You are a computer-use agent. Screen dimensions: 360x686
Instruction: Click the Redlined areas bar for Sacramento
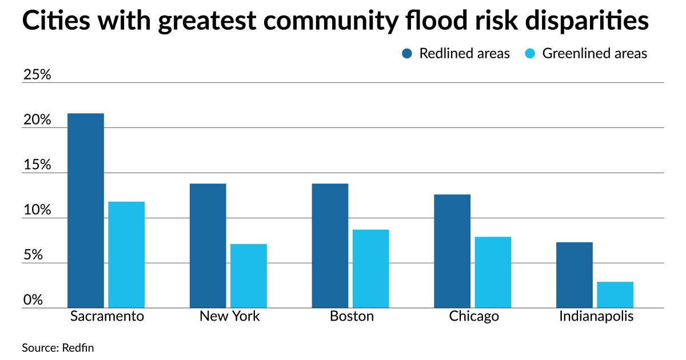(x=86, y=210)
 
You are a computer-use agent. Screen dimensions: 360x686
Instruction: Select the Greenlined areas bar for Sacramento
(x=126, y=255)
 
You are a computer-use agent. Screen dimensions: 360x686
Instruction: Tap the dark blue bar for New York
(x=208, y=246)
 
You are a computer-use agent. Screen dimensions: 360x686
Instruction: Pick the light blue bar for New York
(x=249, y=276)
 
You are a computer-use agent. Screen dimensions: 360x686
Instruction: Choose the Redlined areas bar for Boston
(x=330, y=246)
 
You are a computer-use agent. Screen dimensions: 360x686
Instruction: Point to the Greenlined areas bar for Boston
(x=370, y=269)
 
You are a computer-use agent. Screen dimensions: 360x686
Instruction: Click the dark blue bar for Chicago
(x=452, y=251)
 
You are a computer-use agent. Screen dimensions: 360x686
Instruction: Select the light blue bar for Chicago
(x=493, y=272)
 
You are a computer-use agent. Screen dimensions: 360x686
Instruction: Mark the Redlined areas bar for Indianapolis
(x=575, y=275)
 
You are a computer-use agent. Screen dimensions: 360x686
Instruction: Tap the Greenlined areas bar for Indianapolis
(x=615, y=295)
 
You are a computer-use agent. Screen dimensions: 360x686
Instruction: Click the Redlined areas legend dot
(x=407, y=54)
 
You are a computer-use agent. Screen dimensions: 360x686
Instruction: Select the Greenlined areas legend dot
(x=530, y=54)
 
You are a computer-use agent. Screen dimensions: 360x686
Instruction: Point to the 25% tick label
(x=37, y=75)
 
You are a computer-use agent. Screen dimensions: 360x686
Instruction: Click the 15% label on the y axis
(x=37, y=165)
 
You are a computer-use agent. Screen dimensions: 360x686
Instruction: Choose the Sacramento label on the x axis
(x=106, y=317)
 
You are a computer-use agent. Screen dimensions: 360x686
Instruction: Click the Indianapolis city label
(x=596, y=317)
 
